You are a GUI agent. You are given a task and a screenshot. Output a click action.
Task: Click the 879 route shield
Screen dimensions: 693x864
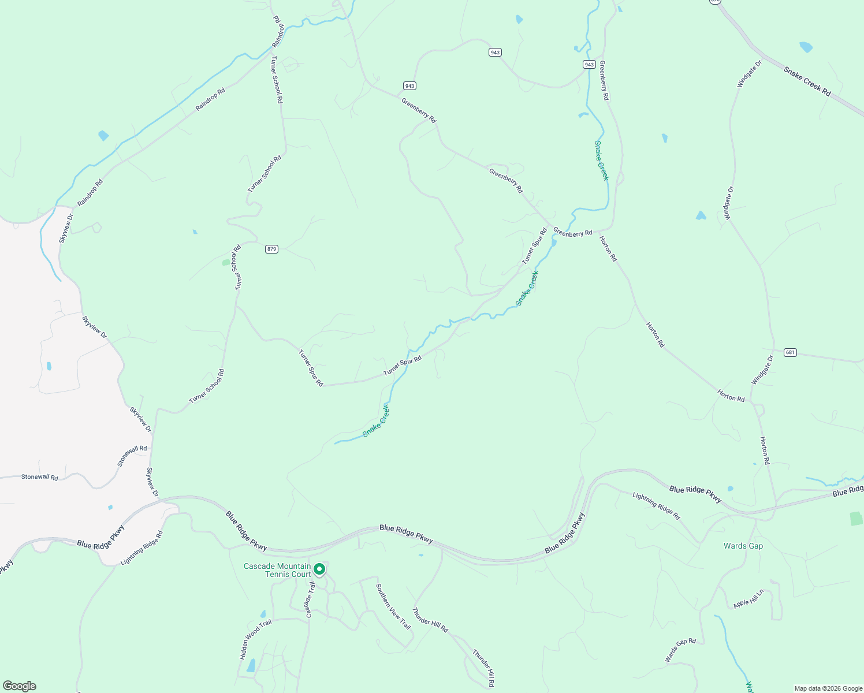(x=272, y=249)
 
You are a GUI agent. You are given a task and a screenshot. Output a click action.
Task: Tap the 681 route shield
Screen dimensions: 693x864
(x=790, y=352)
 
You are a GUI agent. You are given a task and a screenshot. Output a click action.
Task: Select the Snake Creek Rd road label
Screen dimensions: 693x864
(x=807, y=81)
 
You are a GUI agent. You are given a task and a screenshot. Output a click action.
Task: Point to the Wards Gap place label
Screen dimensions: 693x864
(x=743, y=546)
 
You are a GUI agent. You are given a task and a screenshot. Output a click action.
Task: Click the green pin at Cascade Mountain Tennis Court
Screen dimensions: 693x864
(x=319, y=570)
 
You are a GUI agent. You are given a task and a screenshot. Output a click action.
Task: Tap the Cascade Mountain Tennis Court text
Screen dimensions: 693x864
(x=277, y=570)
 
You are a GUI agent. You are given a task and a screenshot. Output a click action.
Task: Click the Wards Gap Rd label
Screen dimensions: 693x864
(x=680, y=650)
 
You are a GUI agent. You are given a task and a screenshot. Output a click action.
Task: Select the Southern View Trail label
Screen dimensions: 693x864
(x=393, y=606)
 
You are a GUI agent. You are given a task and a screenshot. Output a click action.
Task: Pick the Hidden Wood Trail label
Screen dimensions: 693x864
(x=255, y=640)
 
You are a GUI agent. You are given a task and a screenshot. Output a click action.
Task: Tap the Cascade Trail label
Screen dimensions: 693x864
(x=311, y=600)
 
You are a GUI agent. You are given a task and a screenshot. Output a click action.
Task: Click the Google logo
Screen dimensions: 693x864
(x=20, y=686)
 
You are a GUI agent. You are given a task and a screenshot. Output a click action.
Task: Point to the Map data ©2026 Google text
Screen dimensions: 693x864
(x=828, y=688)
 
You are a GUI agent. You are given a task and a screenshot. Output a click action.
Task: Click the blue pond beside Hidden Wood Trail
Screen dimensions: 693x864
(x=251, y=666)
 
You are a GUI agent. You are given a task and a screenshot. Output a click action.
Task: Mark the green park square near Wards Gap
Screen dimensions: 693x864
(x=856, y=519)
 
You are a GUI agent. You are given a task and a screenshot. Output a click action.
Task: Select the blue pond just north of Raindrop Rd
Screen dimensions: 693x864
(x=103, y=136)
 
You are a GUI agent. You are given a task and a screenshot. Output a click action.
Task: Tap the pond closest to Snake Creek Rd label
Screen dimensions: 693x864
(x=805, y=47)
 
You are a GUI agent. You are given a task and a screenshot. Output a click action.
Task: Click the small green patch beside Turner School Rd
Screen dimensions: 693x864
(x=225, y=262)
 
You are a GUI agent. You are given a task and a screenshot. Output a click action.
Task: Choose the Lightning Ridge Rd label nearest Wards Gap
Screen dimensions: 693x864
(x=656, y=506)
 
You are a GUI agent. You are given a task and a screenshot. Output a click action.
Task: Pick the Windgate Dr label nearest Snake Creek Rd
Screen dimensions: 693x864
(x=749, y=74)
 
